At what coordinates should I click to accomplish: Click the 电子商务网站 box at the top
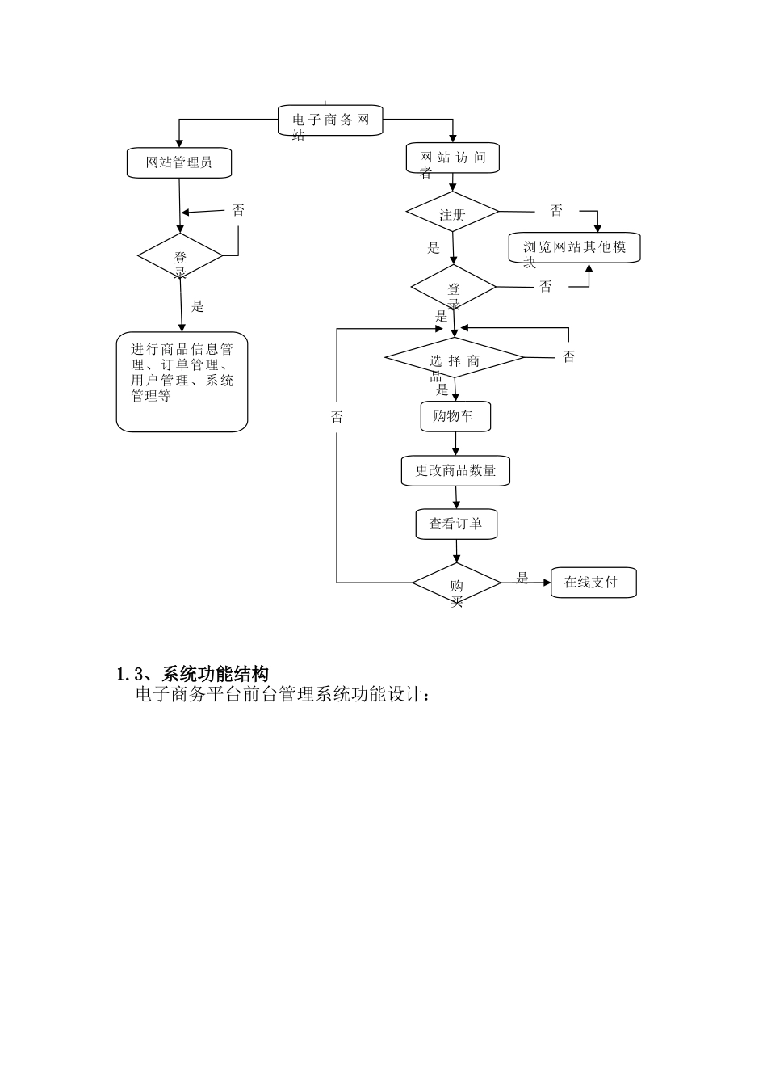(330, 120)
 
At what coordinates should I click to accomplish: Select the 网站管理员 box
(179, 162)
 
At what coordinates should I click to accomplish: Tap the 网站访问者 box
(452, 158)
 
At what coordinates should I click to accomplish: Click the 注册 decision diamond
(452, 213)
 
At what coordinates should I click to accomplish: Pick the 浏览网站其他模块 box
(574, 247)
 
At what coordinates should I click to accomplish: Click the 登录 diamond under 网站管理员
(180, 257)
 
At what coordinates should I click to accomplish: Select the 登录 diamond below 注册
(454, 288)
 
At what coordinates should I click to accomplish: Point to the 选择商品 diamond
(454, 358)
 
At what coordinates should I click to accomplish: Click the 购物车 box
(455, 417)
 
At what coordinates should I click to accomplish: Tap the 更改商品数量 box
(455, 470)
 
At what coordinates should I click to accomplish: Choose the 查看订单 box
(456, 524)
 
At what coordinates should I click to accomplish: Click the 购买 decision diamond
(457, 583)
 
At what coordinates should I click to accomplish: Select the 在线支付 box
(593, 582)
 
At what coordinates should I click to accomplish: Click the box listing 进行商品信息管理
(182, 381)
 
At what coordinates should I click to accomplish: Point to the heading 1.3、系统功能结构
(193, 674)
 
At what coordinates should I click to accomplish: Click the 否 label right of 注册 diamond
(556, 211)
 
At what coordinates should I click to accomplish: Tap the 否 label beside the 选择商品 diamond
(569, 356)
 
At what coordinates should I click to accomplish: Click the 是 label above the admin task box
(198, 306)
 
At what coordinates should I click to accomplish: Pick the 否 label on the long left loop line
(337, 417)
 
